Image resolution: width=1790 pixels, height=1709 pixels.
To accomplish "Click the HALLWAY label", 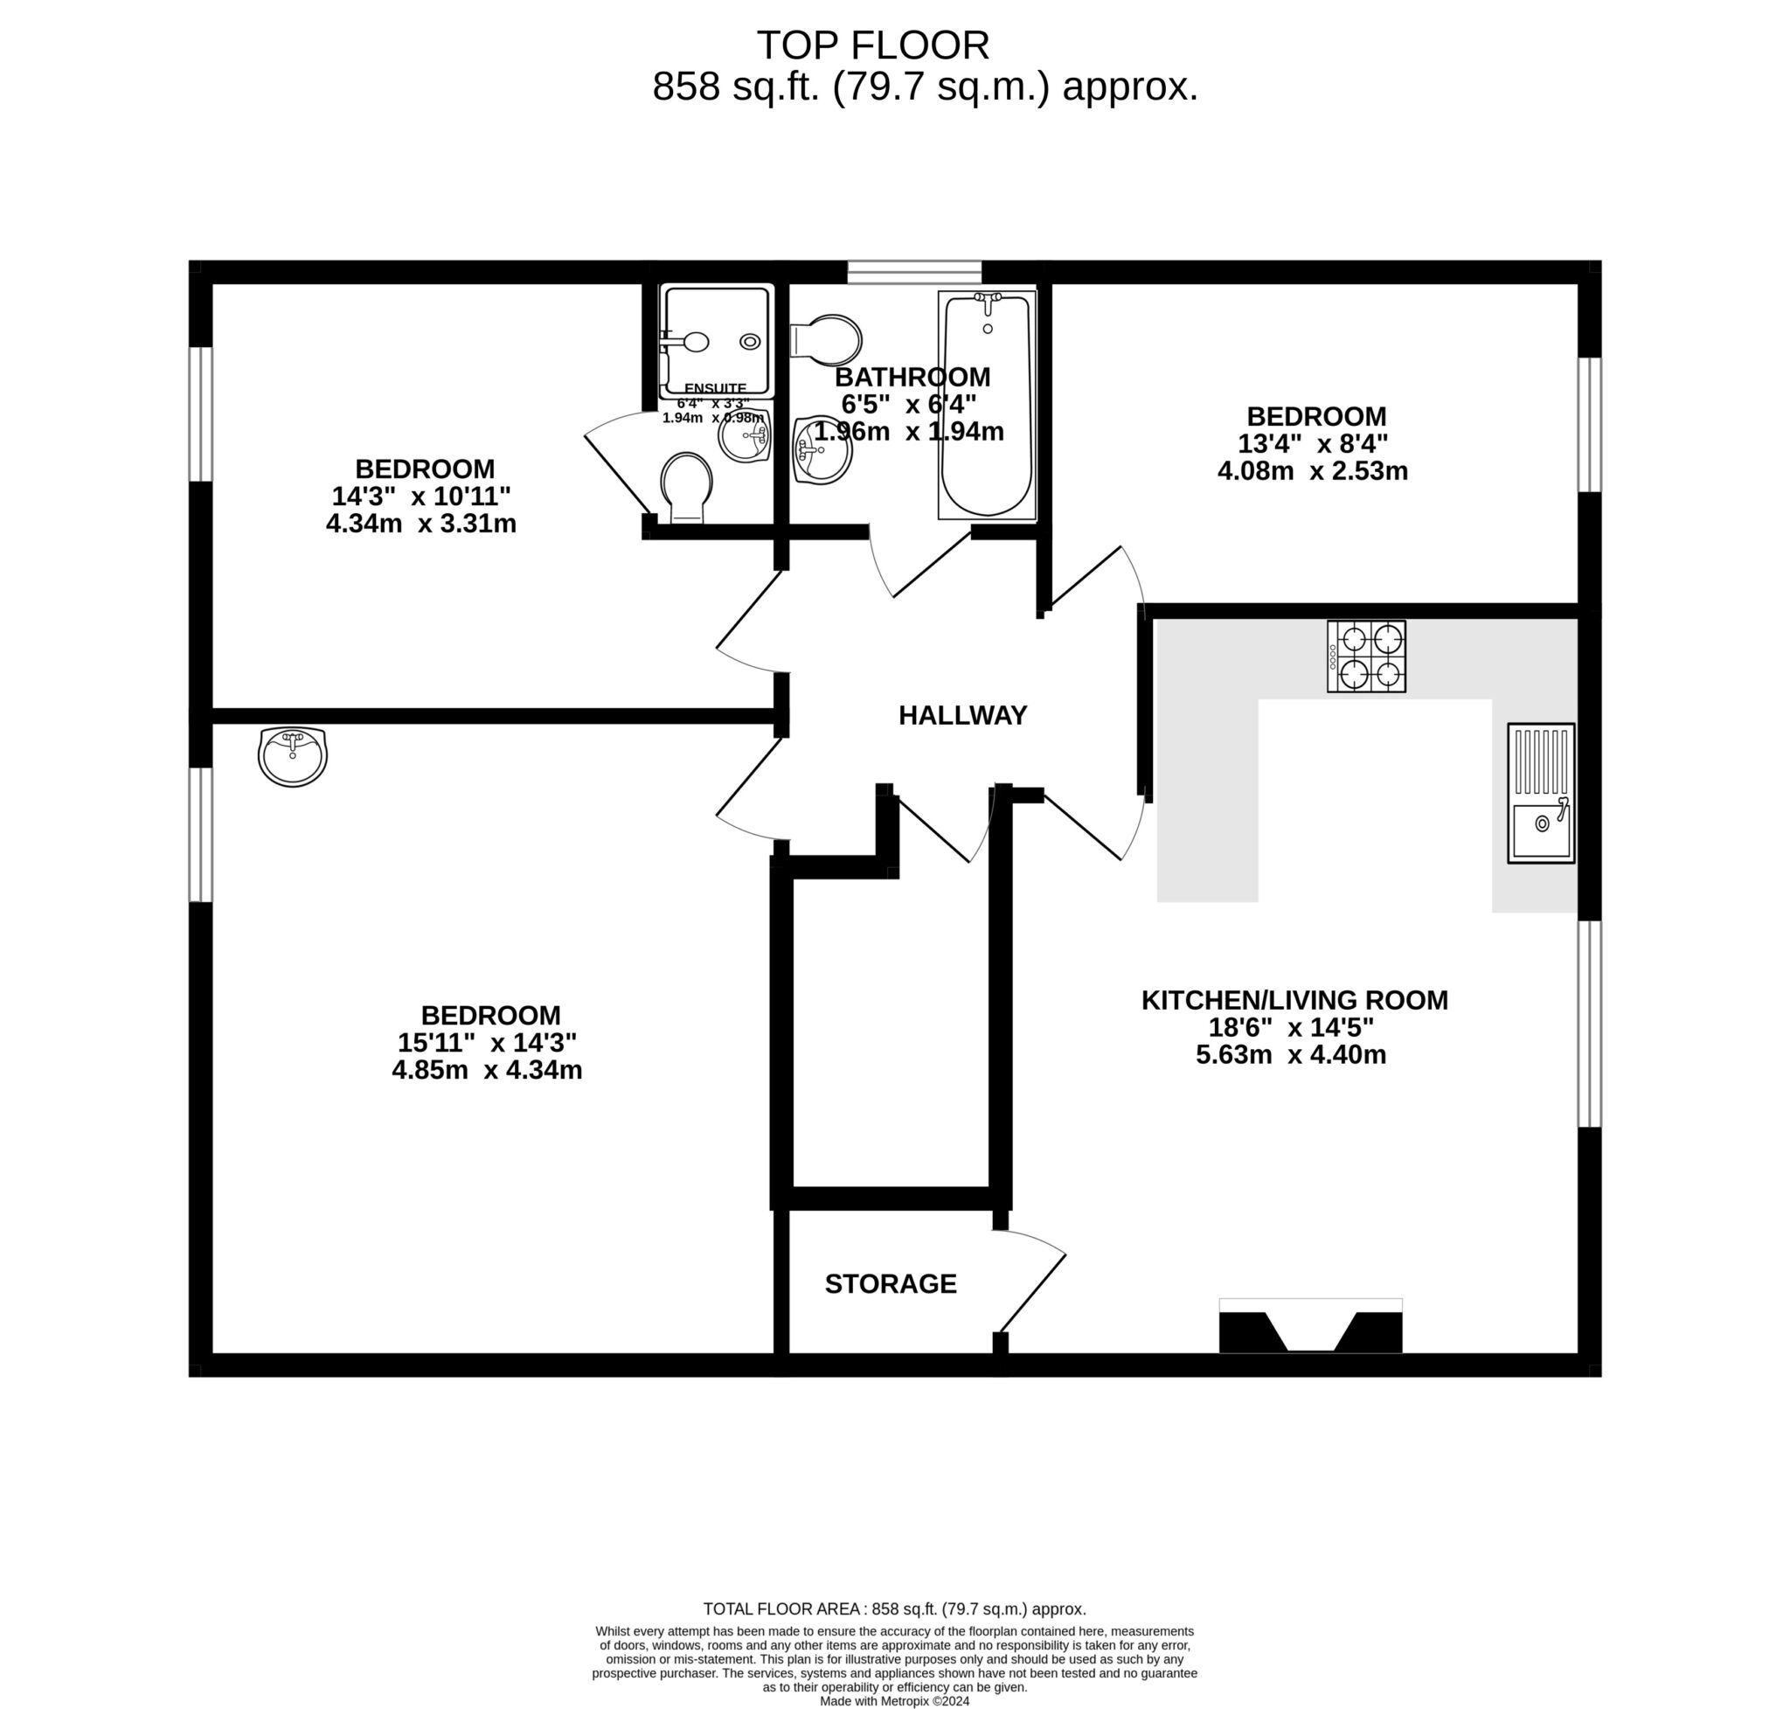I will pos(962,715).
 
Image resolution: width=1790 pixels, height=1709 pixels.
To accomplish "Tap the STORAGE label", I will pos(890,1283).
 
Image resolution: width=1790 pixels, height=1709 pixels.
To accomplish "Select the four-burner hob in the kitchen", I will pos(1364,656).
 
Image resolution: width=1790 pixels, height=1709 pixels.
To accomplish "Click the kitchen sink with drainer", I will pos(1539,793).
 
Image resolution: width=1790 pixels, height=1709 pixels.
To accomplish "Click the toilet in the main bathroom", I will pos(827,340).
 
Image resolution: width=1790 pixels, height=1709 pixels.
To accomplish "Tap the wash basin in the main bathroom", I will pos(822,451).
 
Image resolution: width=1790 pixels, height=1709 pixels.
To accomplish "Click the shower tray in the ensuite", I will pos(716,340).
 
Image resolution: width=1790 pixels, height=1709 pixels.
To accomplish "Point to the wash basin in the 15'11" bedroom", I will pos(293,755).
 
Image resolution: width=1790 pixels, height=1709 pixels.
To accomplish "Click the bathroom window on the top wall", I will pos(913,272).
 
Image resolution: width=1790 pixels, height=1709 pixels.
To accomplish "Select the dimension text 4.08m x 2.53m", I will pos(1312,471).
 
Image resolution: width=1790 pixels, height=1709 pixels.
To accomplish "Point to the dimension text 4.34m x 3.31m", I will pos(421,524).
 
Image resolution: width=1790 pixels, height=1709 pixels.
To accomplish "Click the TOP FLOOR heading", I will pos(871,45).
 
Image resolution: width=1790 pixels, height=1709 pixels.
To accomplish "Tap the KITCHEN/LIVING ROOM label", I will pos(1294,999).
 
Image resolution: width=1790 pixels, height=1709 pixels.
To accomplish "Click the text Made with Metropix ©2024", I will pos(893,1700).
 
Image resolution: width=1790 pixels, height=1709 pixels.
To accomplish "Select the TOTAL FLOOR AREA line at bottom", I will pos(893,1608).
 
